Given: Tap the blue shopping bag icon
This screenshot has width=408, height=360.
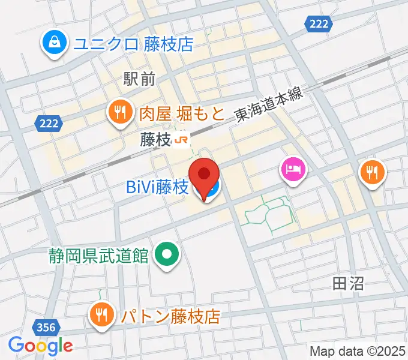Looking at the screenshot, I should (54, 43).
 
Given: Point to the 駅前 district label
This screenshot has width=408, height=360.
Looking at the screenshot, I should (139, 78).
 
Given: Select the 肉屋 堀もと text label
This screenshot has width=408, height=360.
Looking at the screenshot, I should (182, 112).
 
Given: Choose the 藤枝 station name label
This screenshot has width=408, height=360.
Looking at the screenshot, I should (155, 140).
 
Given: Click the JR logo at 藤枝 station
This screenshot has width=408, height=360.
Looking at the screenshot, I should (182, 140).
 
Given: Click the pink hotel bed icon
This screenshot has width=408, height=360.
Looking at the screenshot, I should (292, 170).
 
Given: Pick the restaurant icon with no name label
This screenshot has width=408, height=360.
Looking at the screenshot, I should (373, 173).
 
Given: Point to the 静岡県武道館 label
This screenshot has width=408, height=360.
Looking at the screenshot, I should (99, 255).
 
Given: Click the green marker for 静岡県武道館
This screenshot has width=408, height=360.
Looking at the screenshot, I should (166, 255).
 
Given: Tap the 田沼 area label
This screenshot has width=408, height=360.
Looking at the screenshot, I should (348, 283).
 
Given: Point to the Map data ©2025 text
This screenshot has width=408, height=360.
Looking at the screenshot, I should (356, 350).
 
